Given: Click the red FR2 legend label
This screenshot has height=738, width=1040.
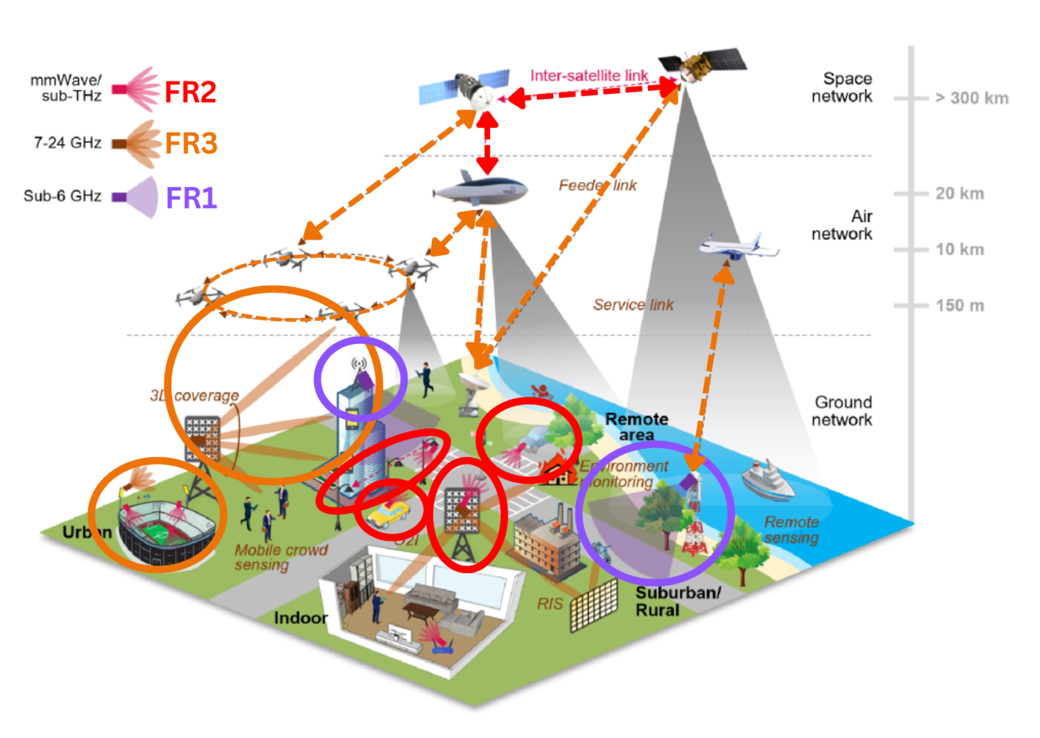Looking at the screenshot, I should [x=190, y=91].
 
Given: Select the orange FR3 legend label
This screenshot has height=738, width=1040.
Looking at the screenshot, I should [x=191, y=144].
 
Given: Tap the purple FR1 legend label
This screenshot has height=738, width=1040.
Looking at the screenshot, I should [x=191, y=198].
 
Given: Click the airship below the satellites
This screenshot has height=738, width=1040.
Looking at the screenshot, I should [x=481, y=190].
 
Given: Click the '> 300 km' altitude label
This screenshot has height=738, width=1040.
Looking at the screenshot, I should [x=972, y=98].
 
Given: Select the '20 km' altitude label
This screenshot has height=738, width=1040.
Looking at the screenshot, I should [x=959, y=194].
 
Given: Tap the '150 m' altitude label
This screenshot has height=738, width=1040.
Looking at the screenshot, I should [x=959, y=305].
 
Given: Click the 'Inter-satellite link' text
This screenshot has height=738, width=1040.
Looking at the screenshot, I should [x=589, y=75].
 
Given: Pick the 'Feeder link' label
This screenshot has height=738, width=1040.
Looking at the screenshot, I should [x=597, y=186].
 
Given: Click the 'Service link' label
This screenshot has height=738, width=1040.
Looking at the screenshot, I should [x=633, y=305].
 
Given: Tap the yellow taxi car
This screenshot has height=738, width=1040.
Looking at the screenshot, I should [x=387, y=514].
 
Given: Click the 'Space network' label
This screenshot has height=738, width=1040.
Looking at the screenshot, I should [x=842, y=87].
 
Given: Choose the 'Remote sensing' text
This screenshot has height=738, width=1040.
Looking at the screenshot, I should [x=792, y=530].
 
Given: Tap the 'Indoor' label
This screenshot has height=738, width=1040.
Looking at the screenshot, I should [x=300, y=617].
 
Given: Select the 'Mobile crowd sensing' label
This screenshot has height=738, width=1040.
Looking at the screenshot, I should [x=280, y=557].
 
